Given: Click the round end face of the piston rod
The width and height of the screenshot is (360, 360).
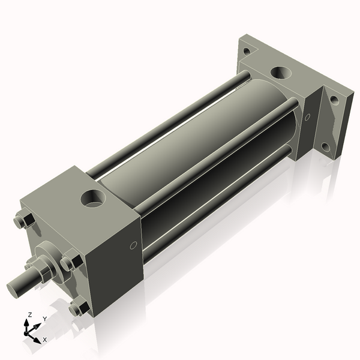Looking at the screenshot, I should tap(14, 287).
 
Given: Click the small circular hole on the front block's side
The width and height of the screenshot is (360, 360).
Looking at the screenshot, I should tap(133, 245).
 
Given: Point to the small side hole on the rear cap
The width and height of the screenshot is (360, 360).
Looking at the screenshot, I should tap(308, 117).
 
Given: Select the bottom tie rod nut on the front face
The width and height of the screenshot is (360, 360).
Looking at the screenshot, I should tap(77, 309).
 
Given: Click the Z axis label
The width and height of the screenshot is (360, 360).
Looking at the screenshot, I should tap(30, 314).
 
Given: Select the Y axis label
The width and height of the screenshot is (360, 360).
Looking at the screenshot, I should tap(45, 320).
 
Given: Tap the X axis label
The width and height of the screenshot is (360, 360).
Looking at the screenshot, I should tap(44, 340).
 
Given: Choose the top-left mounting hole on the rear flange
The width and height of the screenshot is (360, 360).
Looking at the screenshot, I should tap(246, 51).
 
